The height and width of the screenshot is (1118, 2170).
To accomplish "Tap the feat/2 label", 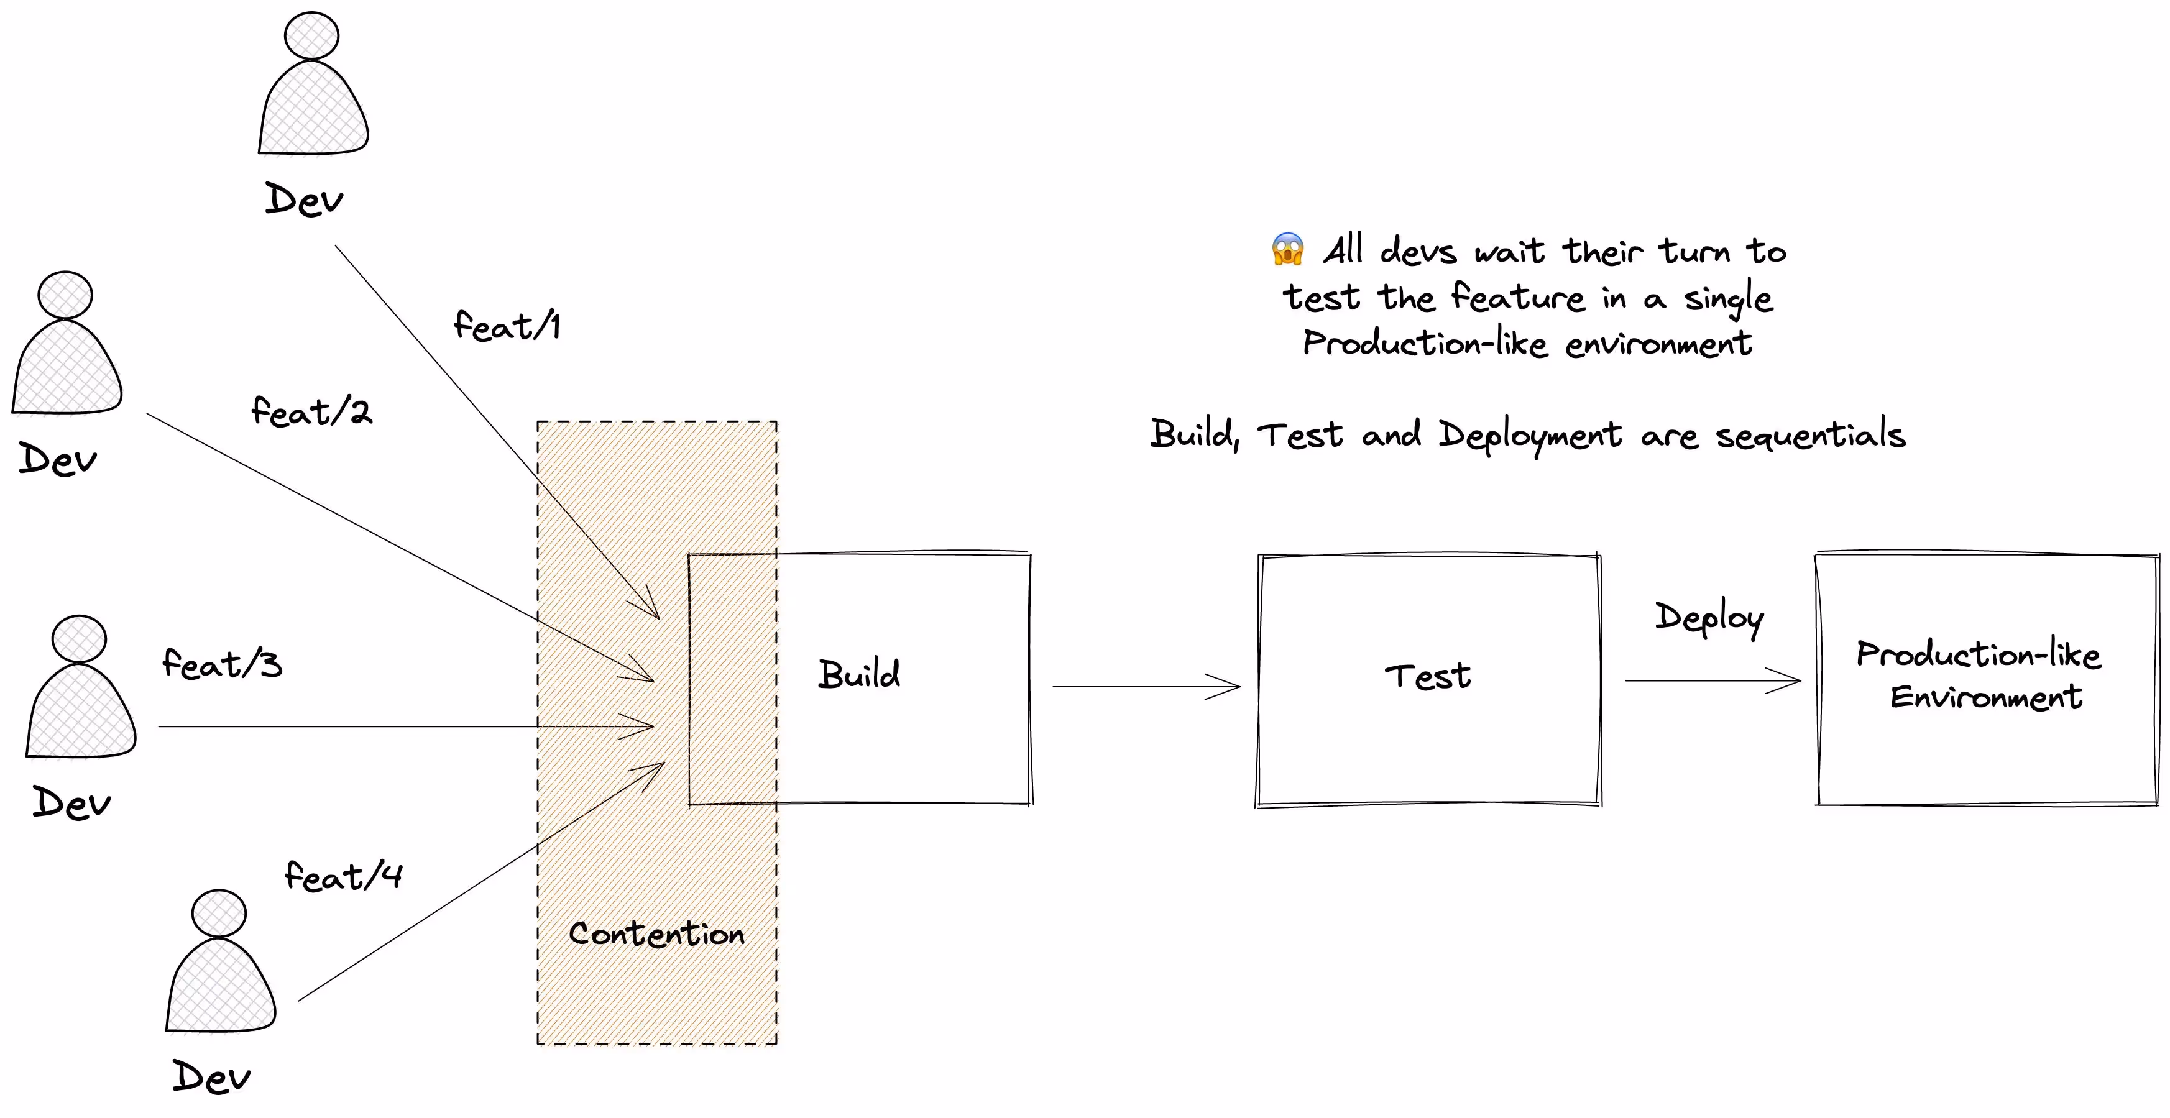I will (311, 412).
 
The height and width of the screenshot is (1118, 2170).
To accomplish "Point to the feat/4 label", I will (343, 876).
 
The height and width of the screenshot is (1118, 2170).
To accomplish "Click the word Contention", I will (656, 933).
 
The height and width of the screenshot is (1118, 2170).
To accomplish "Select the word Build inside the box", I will (859, 675).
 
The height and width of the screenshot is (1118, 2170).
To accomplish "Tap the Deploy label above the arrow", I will (1708, 618).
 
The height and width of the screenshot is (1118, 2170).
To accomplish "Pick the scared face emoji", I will (1288, 249).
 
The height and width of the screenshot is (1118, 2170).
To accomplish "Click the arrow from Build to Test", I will (1146, 687).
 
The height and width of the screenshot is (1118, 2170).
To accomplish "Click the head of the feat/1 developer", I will (311, 36).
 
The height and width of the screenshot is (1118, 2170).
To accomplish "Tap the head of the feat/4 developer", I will (219, 914).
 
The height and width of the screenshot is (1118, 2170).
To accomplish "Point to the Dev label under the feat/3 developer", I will (71, 803).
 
